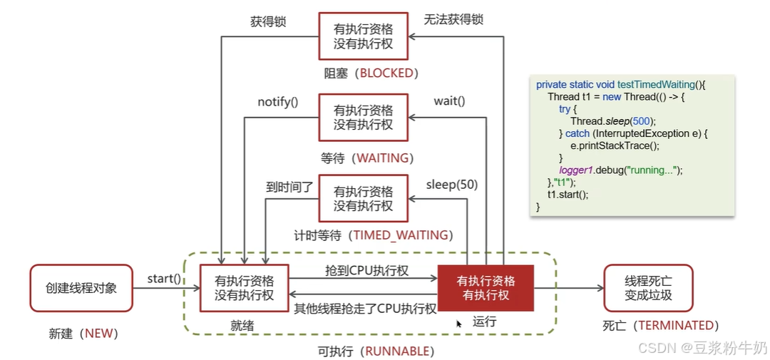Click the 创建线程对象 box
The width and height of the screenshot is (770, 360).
tap(81, 288)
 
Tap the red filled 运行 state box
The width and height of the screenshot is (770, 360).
tap(486, 287)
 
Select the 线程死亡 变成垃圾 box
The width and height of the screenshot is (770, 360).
tap(648, 288)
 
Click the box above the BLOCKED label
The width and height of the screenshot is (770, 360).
tap(363, 37)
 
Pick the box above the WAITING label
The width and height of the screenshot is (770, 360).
tap(363, 118)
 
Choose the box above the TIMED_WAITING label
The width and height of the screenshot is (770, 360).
tap(363, 199)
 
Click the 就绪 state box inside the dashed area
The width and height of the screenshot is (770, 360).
tap(244, 288)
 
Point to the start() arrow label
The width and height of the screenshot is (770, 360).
tap(164, 278)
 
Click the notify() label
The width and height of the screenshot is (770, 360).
tap(278, 102)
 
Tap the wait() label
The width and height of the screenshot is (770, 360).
tap(449, 101)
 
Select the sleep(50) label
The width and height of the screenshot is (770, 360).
tap(452, 185)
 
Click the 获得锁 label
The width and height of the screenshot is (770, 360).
tap(268, 21)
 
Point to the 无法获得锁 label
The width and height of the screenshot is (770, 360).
tap(453, 19)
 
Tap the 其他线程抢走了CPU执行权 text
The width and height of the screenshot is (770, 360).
tap(365, 308)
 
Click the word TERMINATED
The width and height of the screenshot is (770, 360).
tap(676, 325)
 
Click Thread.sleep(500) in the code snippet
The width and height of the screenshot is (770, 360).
tap(612, 121)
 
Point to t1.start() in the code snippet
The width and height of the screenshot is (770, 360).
tap(568, 194)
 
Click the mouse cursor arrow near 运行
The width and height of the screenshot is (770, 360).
tap(459, 323)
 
